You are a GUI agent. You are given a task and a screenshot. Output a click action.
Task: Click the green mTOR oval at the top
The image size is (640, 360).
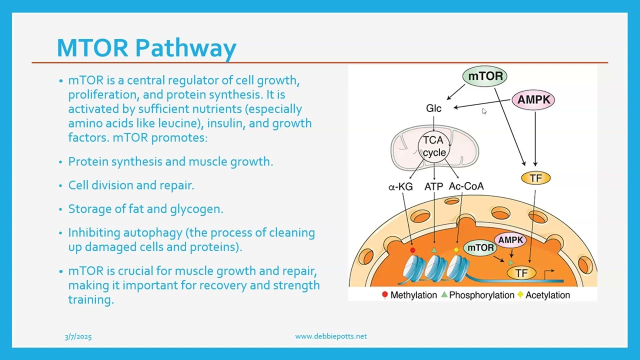(485, 76)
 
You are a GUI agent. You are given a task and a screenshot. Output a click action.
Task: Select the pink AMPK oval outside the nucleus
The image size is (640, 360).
(533, 99)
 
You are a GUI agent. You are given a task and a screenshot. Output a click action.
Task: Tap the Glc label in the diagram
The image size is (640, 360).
(433, 108)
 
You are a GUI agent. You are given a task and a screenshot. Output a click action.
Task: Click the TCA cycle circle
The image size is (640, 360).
(433, 146)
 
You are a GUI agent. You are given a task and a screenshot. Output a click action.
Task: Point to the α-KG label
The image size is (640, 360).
(400, 186)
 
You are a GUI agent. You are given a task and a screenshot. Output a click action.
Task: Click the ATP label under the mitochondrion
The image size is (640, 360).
(433, 186)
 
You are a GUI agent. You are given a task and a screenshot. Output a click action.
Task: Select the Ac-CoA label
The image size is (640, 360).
(466, 186)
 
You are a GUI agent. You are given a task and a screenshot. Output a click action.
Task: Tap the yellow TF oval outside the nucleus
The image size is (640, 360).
(535, 178)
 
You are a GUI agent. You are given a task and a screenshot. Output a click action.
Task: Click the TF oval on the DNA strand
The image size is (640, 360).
(521, 273)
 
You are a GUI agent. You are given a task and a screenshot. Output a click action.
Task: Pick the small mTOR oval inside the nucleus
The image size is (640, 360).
(480, 247)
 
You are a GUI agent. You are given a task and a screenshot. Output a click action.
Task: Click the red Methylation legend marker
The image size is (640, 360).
(384, 295)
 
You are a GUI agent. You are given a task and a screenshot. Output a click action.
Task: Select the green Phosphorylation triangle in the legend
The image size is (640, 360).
(444, 295)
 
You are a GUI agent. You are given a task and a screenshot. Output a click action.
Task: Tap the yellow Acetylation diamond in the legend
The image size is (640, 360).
(520, 295)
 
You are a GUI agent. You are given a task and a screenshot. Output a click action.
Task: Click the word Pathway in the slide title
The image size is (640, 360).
(185, 48)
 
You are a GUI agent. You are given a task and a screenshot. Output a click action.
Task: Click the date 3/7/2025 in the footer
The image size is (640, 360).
(78, 336)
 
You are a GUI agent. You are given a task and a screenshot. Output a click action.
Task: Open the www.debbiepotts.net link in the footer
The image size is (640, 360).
(330, 336)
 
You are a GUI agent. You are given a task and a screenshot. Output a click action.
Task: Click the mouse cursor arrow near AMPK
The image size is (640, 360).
(484, 111)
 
